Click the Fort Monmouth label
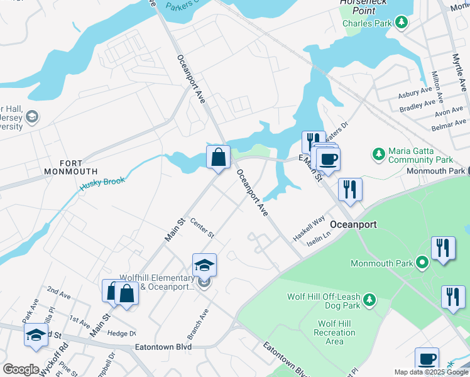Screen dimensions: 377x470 pos(70,166)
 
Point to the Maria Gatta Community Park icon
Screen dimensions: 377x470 pos(378,153)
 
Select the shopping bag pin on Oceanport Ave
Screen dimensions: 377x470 pos(218,158)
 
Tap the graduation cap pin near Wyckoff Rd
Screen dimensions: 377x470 pos(36,335)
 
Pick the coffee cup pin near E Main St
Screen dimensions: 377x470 pos(327,159)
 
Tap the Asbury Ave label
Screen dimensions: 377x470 pos(413,94)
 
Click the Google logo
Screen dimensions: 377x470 pos(21,369)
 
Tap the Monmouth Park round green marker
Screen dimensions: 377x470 pos(424,262)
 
